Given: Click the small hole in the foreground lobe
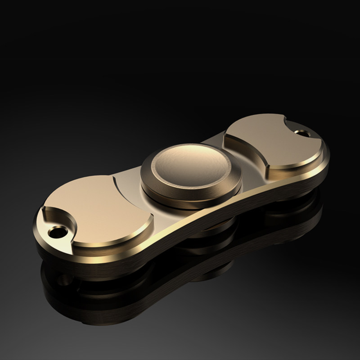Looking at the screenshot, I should [58, 232].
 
